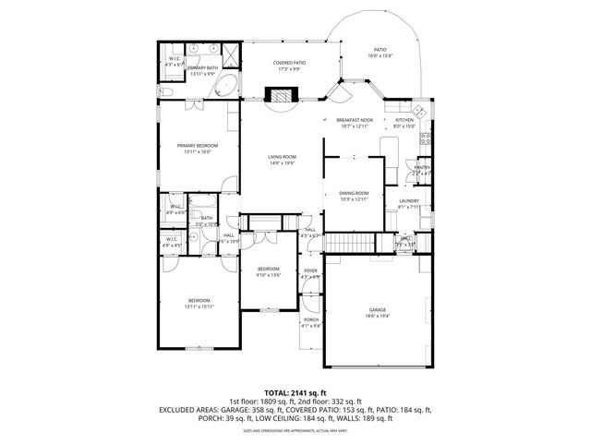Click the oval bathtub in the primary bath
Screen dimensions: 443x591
click(222, 88)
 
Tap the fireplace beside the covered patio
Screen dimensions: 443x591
click(278, 94)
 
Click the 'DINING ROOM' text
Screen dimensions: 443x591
click(354, 193)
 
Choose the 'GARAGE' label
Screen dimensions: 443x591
click(377, 310)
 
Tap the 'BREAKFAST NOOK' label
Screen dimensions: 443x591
click(354, 121)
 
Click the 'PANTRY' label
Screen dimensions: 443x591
click(422, 167)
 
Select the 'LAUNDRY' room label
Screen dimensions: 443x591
click(409, 201)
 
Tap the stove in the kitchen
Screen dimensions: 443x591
click(427, 139)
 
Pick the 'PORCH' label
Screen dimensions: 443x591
click(311, 319)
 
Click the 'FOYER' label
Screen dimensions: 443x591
click(310, 271)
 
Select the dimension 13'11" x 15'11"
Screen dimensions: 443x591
click(199, 306)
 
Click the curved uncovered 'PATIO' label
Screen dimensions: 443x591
click(380, 50)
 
